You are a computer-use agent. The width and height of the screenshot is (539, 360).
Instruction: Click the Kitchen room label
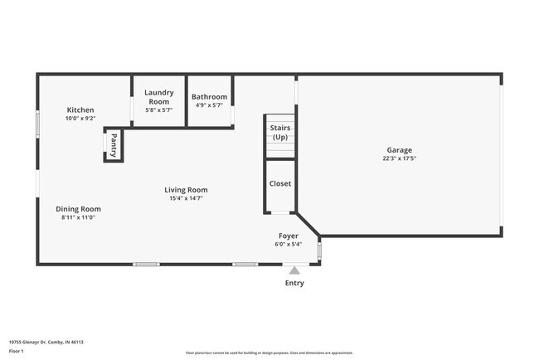coord(80,109)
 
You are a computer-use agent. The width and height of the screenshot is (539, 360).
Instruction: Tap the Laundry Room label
coord(158,96)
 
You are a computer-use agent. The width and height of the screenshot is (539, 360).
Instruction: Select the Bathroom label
coord(209,97)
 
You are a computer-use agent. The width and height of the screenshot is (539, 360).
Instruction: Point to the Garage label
coord(398,150)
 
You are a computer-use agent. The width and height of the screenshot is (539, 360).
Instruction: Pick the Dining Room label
coord(78,208)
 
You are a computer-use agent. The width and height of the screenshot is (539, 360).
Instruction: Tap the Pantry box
coord(113,146)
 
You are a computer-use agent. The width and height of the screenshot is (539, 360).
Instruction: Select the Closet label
coord(280,183)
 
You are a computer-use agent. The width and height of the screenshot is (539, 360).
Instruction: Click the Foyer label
coord(288,236)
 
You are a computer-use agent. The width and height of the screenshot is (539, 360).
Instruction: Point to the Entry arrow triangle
coord(294,270)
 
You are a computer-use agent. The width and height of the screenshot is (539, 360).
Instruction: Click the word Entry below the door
coord(294,283)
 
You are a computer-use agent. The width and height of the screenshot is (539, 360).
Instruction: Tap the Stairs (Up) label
coord(280,132)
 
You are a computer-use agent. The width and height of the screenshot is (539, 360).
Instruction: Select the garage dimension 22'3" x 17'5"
coord(398,158)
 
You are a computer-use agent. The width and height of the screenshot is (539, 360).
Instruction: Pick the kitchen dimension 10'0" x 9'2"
coord(80,119)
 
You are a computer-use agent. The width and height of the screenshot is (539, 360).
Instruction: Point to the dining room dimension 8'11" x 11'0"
coord(78,217)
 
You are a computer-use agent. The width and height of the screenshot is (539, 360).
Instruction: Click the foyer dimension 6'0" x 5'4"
coord(288,244)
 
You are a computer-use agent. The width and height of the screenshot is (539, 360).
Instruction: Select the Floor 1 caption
coord(17,351)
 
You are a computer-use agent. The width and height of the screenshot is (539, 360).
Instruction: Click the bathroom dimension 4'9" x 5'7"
coord(209,105)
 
